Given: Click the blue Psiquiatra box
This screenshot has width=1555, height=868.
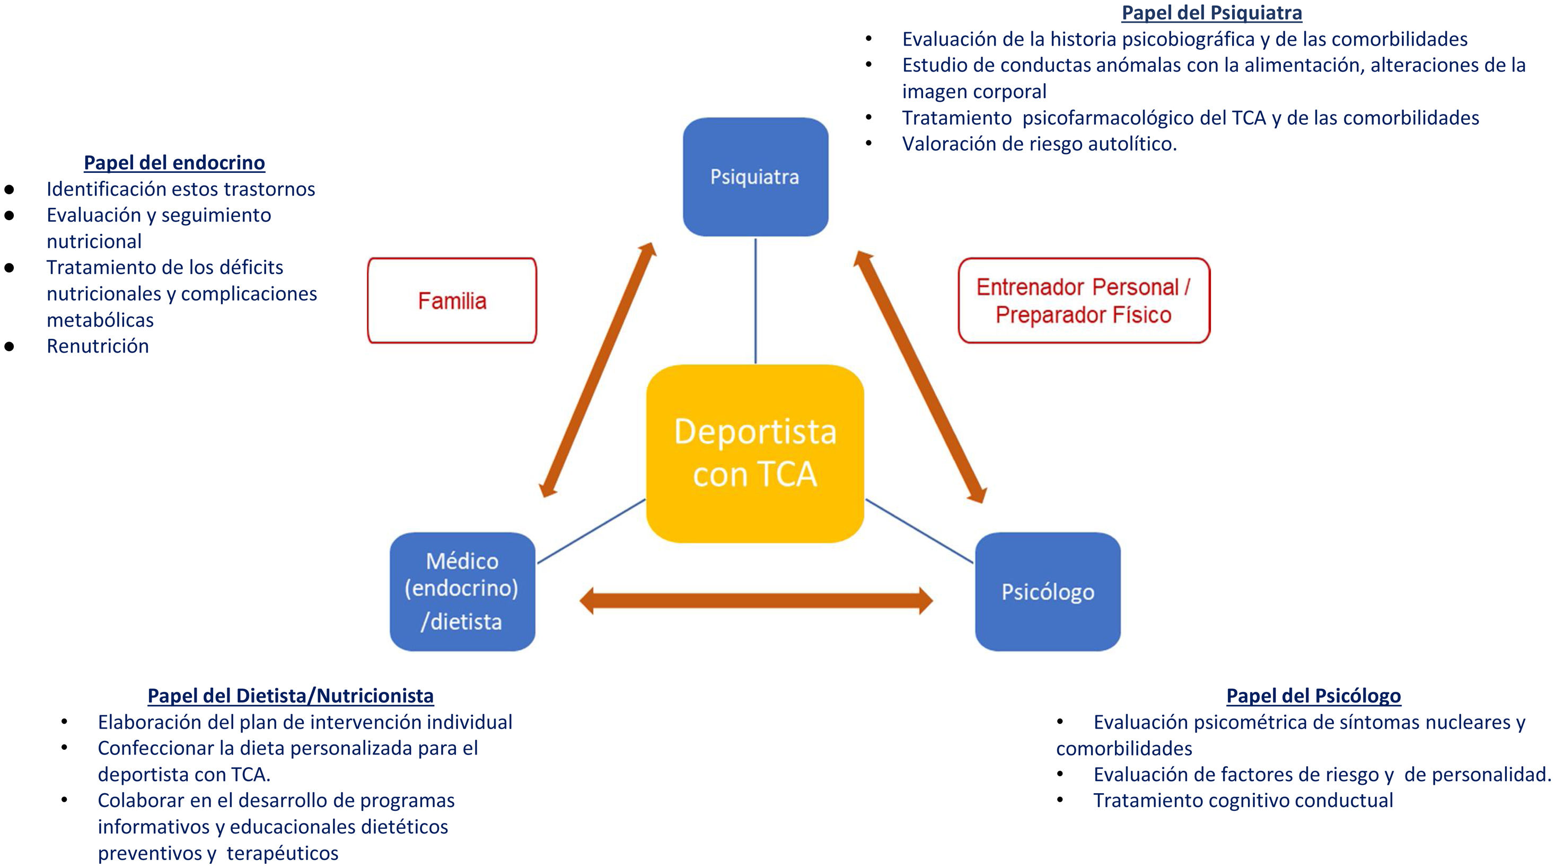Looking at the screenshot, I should click(x=755, y=177).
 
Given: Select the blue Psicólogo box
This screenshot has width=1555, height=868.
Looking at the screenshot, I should click(x=1047, y=592).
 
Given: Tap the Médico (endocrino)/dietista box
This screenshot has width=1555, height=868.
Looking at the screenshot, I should click(x=462, y=592).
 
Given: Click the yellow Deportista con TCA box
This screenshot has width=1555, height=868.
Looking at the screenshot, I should click(x=754, y=453).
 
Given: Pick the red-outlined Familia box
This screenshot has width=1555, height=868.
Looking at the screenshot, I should click(x=452, y=301).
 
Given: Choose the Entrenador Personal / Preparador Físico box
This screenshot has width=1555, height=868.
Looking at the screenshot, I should click(x=1084, y=301).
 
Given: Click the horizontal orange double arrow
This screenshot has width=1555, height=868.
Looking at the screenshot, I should click(x=756, y=601).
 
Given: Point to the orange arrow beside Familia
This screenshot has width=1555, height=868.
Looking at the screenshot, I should click(x=598, y=370).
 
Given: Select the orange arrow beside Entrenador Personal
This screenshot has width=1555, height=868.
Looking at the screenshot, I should click(x=919, y=376).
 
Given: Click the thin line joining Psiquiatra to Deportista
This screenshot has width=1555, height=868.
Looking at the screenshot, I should click(x=755, y=301).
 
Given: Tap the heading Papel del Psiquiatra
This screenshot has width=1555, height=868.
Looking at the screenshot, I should click(x=1211, y=13).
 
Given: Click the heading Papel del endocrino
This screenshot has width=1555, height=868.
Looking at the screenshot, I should click(x=174, y=162).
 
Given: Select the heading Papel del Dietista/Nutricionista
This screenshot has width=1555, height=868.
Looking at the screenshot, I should click(x=291, y=695).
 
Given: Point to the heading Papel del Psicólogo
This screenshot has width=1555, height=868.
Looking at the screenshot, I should click(x=1314, y=695).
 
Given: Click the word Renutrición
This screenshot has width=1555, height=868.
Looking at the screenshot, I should click(x=98, y=346).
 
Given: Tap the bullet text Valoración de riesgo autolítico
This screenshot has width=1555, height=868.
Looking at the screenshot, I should click(x=1039, y=144).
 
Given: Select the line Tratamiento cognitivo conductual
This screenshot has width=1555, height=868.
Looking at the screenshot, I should click(x=1243, y=801).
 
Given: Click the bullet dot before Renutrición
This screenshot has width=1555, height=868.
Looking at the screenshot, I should click(x=9, y=346).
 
